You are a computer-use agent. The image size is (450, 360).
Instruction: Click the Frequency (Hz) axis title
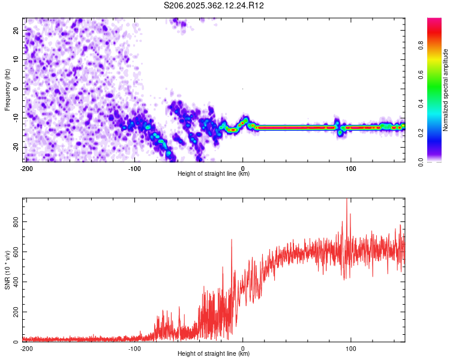tap(7, 90)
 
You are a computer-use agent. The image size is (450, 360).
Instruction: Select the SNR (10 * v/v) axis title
tap(7, 270)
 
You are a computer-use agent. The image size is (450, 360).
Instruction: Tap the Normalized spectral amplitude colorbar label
tap(446, 90)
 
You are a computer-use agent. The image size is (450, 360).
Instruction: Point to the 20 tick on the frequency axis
tap(16, 29)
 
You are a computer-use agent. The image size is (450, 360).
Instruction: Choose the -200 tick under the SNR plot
tap(26, 348)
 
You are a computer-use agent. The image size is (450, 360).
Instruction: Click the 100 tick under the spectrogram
tap(352, 168)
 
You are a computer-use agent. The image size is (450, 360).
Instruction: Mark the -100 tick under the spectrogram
tap(134, 168)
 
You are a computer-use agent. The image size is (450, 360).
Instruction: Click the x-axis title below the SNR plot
tap(214, 354)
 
